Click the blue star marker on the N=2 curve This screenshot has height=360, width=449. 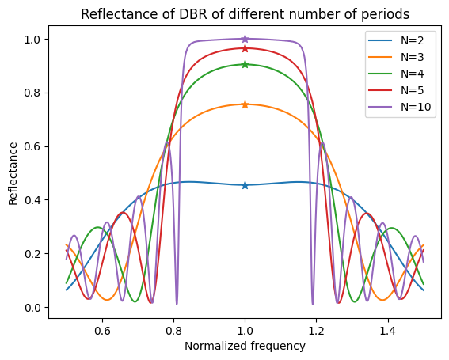pyautogui.click(x=245, y=185)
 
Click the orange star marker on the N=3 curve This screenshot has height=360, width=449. pyautogui.click(x=245, y=104)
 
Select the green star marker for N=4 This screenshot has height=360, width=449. pyautogui.click(x=245, y=64)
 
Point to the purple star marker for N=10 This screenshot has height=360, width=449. pyautogui.click(x=245, y=39)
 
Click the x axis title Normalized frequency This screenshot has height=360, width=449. pyautogui.click(x=245, y=346)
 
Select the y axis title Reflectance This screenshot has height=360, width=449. pyautogui.click(x=13, y=173)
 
